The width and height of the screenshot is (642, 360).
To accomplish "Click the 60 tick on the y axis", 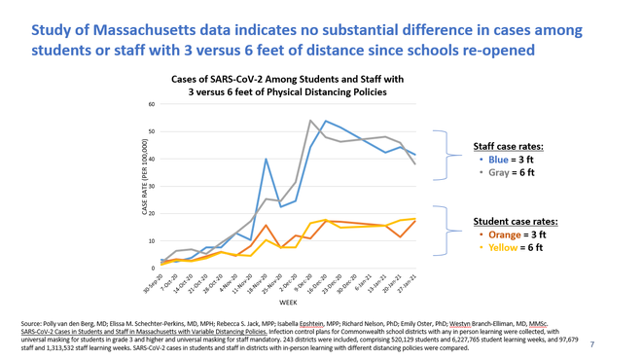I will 151,104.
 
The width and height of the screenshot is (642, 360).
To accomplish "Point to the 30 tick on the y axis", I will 151,186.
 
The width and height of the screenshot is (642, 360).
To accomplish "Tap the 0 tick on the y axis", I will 152,268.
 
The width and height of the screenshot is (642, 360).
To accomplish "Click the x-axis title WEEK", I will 288,304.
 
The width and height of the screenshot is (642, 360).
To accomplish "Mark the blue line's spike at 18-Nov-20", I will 267,159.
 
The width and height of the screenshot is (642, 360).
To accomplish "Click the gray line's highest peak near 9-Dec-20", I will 310,121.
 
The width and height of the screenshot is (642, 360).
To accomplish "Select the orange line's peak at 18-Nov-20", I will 267,225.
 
